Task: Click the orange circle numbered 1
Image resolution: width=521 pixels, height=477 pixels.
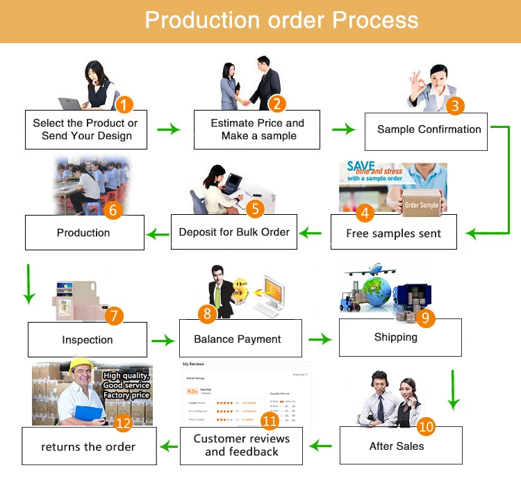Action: click(124, 105)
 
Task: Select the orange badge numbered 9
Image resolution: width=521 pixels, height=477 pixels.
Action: click(427, 318)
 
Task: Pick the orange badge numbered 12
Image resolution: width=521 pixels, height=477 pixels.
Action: click(123, 422)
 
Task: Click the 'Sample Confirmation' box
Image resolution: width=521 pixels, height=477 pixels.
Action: click(429, 129)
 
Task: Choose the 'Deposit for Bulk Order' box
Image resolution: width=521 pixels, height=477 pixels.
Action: click(234, 232)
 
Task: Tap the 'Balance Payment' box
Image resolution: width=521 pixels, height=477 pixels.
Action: click(238, 339)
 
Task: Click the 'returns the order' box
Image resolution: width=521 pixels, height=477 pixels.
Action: click(88, 446)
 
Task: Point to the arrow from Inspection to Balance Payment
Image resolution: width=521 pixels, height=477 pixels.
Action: click(163, 340)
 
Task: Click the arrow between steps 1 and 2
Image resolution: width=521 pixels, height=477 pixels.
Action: click(168, 129)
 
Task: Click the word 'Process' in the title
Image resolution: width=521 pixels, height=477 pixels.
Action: click(375, 19)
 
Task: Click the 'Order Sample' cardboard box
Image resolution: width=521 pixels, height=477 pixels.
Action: click(422, 204)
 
